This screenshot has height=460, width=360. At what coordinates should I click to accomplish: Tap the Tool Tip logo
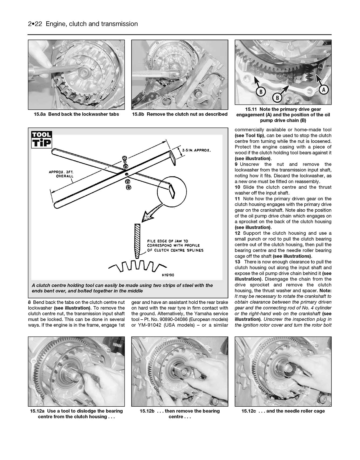pos(41,140)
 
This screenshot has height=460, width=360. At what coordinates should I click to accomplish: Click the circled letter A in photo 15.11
pos(323,90)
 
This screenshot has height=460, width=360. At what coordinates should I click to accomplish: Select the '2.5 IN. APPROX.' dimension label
pos(196,150)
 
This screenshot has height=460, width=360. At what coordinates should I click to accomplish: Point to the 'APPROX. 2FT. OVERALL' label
pos(61,174)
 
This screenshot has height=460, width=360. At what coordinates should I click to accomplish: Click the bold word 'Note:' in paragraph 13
pos(325,291)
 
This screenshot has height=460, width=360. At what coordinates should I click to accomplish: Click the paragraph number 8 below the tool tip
pos(29,302)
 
